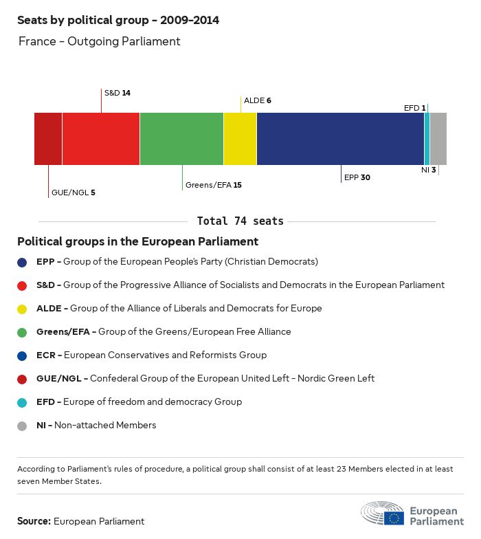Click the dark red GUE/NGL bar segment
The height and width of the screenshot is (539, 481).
tap(48, 139)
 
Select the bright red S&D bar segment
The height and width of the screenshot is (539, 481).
tap(101, 139)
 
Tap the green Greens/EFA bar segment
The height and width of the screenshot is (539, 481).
tap(181, 139)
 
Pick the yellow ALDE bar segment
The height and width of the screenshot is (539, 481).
tap(240, 139)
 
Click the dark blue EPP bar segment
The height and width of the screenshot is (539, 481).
tap(340, 139)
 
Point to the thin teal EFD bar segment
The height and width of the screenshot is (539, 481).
tap(427, 139)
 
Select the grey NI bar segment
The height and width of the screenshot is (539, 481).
tap(438, 139)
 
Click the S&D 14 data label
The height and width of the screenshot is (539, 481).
tap(117, 92)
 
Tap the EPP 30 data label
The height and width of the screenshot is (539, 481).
tap(357, 177)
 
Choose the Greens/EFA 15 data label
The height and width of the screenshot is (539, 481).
tap(213, 185)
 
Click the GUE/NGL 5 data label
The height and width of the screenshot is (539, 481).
tap(73, 192)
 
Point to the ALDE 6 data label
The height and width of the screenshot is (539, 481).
tap(258, 100)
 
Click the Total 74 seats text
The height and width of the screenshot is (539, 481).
tap(240, 221)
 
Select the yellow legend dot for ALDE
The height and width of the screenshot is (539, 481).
tap(23, 309)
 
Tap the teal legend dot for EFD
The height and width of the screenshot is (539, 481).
tap(23, 402)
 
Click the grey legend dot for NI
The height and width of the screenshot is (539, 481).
tap(23, 426)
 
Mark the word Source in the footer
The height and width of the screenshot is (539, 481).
tap(34, 522)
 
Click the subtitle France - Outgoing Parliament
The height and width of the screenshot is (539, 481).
tap(100, 41)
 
